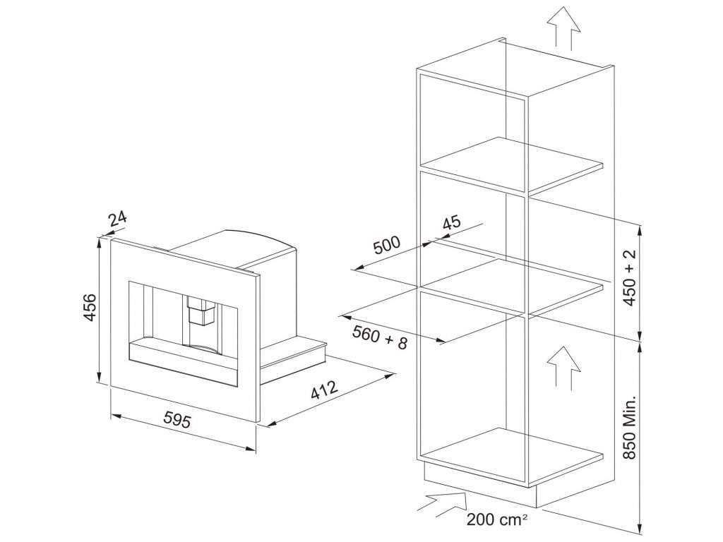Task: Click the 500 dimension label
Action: [x=387, y=246]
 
